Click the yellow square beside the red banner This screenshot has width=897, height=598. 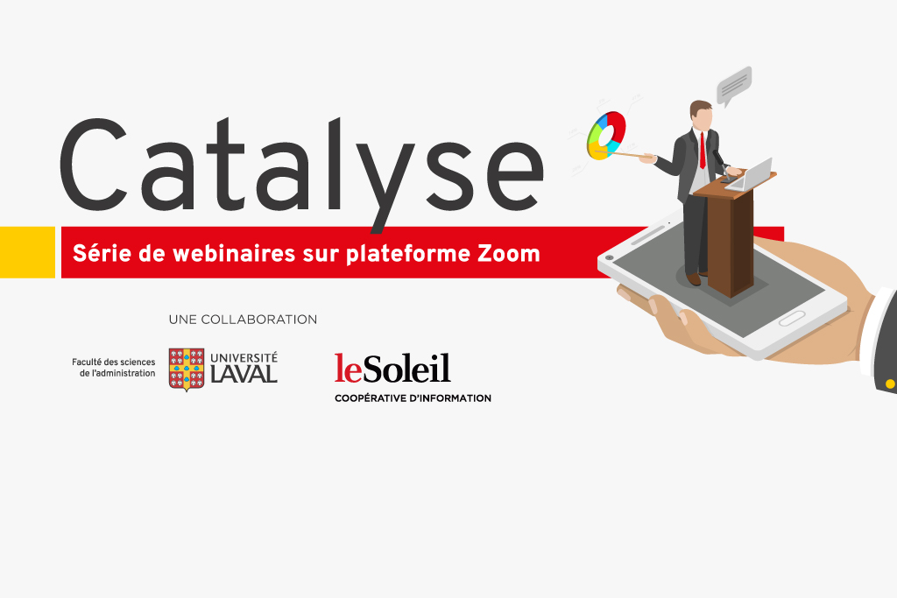[x=27, y=252]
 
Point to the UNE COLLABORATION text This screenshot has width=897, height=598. [x=243, y=320]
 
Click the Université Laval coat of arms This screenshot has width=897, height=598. [x=187, y=369]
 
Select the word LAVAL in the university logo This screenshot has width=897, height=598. [x=244, y=374]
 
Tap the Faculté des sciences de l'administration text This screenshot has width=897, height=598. [x=113, y=368]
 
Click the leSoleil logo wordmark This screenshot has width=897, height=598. [x=392, y=369]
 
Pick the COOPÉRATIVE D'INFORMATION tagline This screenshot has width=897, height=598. [x=413, y=398]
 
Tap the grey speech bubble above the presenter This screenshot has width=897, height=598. [x=734, y=86]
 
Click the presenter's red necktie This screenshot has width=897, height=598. [x=703, y=151]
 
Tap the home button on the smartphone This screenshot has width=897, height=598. [x=792, y=319]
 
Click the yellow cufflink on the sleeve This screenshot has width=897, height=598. [x=890, y=384]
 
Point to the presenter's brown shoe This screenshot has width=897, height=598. [x=694, y=279]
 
